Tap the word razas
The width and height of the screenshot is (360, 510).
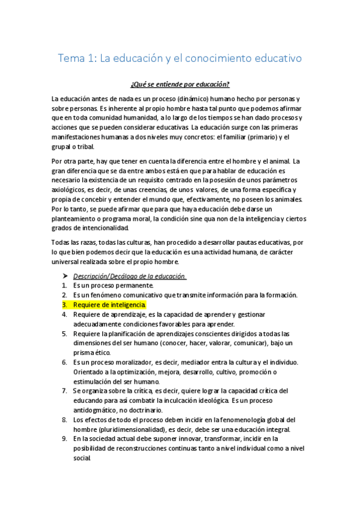pos(91,242)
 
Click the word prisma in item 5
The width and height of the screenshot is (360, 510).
pos(85,352)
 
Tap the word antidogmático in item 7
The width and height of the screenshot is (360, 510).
pos(97,410)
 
